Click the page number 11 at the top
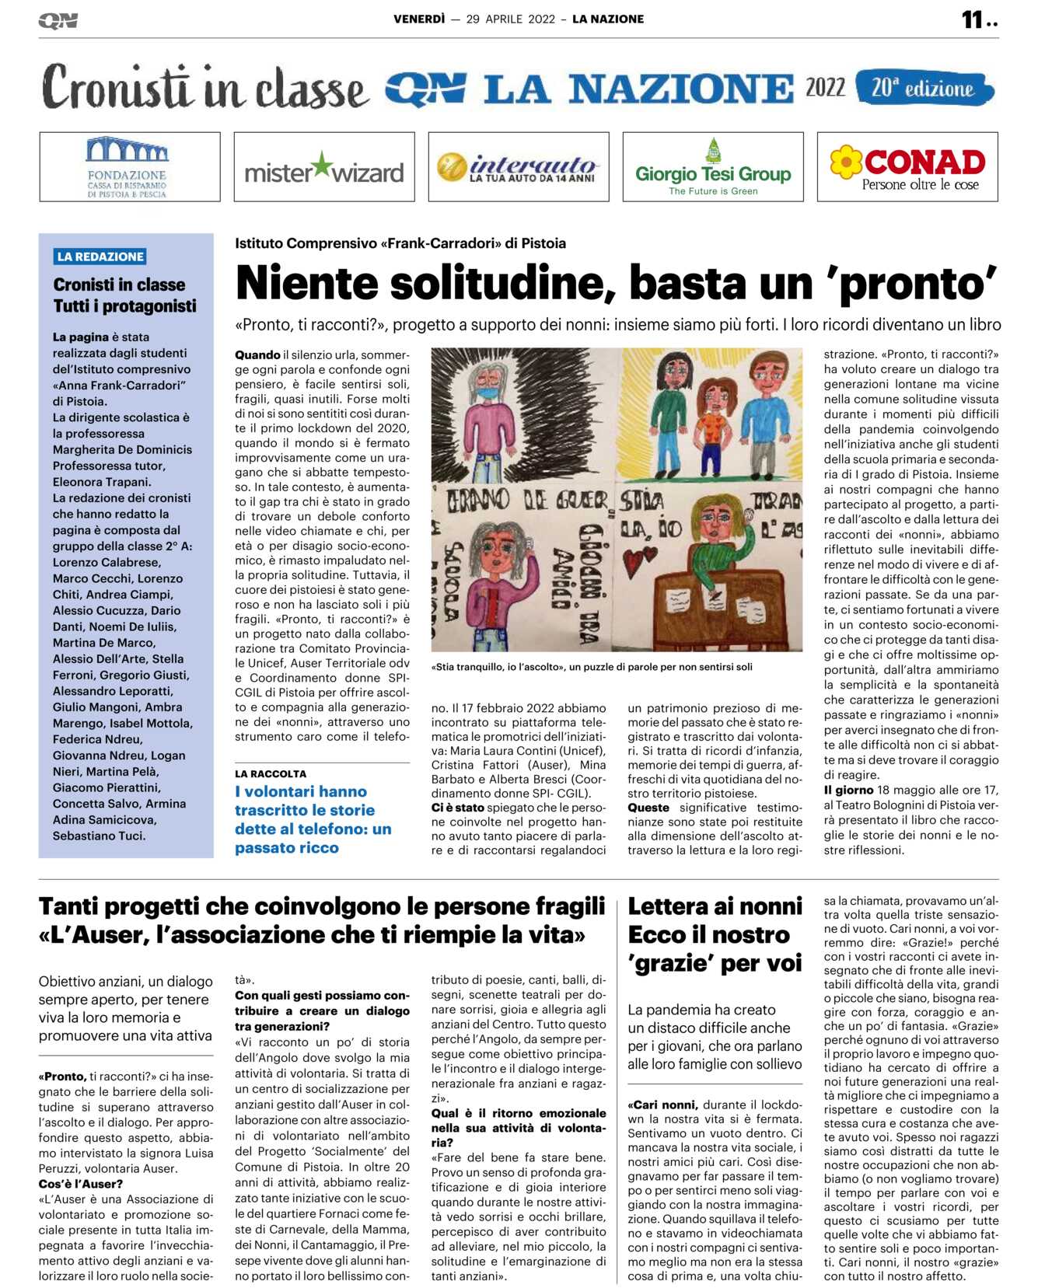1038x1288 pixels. [973, 19]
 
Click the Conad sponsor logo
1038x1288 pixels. [907, 167]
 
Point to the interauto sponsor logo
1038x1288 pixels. [519, 168]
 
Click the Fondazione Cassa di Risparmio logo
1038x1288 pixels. [128, 167]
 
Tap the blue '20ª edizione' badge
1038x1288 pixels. [923, 88]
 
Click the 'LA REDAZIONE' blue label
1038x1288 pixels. [100, 257]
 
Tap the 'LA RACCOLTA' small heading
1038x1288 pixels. [271, 774]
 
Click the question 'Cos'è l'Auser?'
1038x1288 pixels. [81, 1184]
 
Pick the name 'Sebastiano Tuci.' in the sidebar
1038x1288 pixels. [99, 836]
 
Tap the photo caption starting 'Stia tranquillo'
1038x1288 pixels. [592, 667]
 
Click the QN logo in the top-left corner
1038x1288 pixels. [58, 21]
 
